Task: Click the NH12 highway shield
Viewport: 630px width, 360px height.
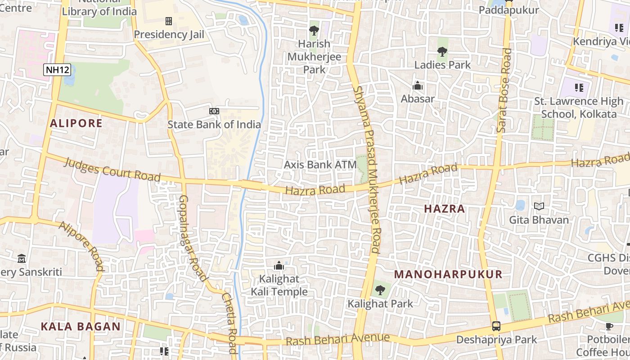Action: pyautogui.click(x=57, y=70)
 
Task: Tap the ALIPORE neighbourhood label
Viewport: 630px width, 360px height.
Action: pyautogui.click(x=76, y=123)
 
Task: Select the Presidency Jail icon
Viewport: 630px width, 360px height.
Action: pyautogui.click(x=169, y=21)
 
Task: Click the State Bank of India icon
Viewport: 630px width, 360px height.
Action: pyautogui.click(x=214, y=111)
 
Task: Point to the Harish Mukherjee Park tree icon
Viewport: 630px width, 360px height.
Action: pyautogui.click(x=314, y=31)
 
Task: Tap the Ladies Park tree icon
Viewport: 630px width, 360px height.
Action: pyautogui.click(x=442, y=52)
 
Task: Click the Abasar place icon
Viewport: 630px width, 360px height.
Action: pyautogui.click(x=418, y=85)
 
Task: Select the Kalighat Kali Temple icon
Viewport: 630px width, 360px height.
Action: pyautogui.click(x=279, y=265)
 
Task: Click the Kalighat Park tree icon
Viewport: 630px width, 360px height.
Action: pyautogui.click(x=380, y=290)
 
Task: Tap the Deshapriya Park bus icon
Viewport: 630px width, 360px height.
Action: pyautogui.click(x=496, y=326)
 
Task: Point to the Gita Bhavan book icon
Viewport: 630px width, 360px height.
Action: pyautogui.click(x=539, y=207)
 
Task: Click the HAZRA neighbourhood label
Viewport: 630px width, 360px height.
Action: pyautogui.click(x=445, y=209)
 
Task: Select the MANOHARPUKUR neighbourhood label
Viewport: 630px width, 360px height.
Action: pyautogui.click(x=448, y=274)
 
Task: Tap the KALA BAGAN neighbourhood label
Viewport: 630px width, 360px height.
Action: pyautogui.click(x=81, y=327)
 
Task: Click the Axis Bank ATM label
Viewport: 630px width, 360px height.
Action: pyautogui.click(x=320, y=165)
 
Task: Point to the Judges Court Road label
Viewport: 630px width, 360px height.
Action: pyautogui.click(x=112, y=170)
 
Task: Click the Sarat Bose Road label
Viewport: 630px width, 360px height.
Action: pyautogui.click(x=504, y=90)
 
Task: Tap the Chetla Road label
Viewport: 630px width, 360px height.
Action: pyautogui.click(x=229, y=323)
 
